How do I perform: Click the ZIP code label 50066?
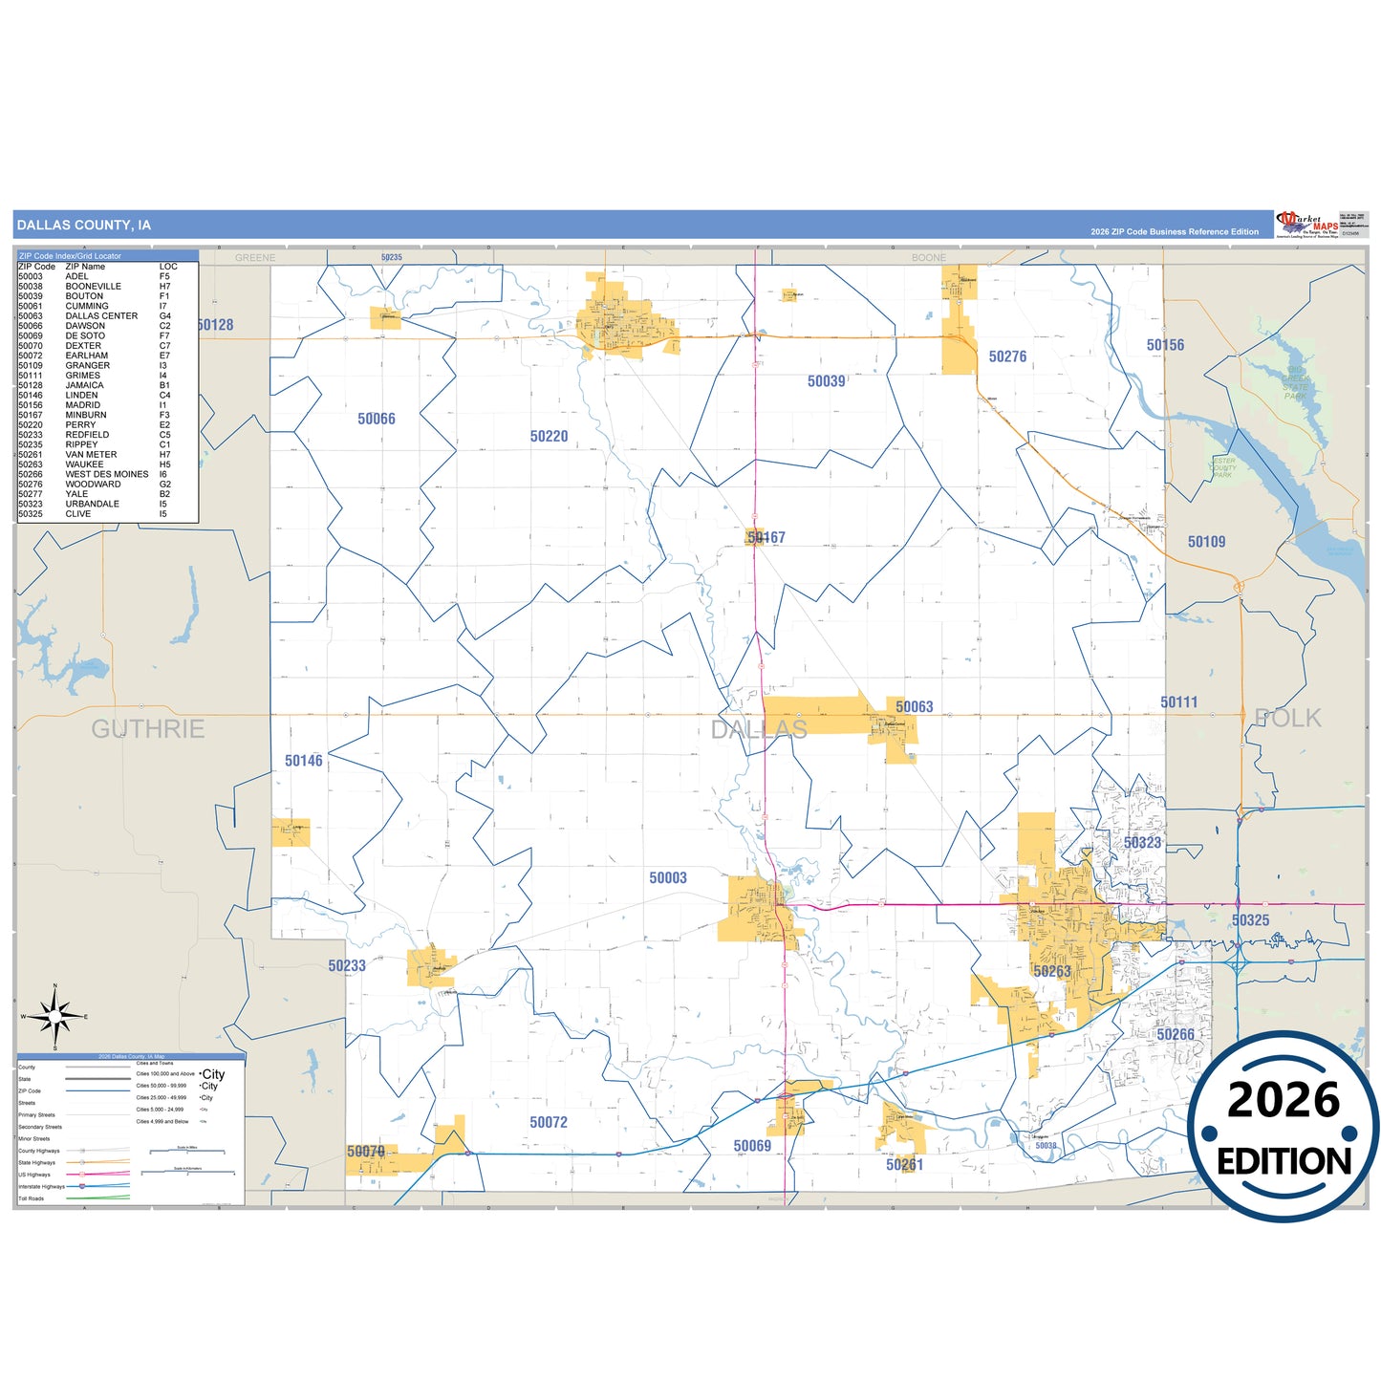tap(377, 419)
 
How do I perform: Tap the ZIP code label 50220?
tap(549, 436)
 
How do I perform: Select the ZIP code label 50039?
tap(826, 381)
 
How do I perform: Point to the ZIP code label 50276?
tap(1007, 356)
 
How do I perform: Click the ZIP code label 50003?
tap(668, 877)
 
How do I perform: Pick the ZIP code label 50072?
tap(549, 1122)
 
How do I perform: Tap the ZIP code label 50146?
tap(304, 761)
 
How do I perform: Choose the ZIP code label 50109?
tap(1206, 542)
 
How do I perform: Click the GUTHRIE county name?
tap(148, 729)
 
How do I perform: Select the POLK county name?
tap(1287, 718)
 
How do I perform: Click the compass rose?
tap(55, 1017)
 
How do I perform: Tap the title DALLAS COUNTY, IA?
tap(84, 226)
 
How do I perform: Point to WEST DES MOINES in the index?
tap(107, 474)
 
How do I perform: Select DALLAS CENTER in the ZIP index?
tap(101, 315)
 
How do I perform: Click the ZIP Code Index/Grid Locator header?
tap(71, 256)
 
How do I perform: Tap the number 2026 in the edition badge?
tap(1284, 1100)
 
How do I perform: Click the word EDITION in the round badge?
tap(1284, 1161)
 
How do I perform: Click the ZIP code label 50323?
tap(1142, 843)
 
